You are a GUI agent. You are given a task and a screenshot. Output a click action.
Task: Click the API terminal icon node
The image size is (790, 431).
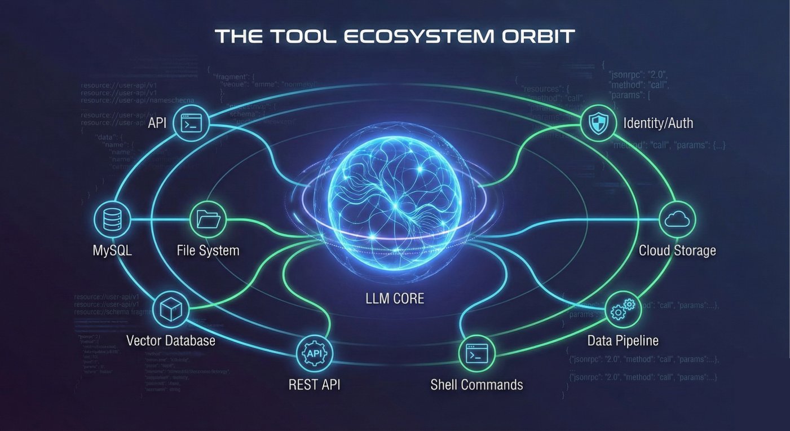tap(192, 124)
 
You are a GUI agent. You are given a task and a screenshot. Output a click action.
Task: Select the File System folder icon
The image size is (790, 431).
tap(208, 219)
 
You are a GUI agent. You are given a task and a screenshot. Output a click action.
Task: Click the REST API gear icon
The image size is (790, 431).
tap(315, 354)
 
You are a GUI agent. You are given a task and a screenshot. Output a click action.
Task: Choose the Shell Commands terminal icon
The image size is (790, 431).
tap(477, 354)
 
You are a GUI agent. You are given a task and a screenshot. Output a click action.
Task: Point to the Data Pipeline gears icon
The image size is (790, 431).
tap(623, 309)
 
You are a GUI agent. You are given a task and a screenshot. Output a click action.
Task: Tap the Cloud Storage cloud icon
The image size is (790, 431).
tap(677, 219)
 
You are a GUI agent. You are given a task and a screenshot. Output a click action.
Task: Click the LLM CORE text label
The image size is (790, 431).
tap(395, 298)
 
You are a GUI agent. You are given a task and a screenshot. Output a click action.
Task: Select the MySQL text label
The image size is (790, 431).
tap(112, 250)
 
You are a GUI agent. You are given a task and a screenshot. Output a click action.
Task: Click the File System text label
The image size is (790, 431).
tap(208, 250)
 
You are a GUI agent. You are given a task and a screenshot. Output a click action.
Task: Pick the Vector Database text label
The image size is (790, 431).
tap(170, 340)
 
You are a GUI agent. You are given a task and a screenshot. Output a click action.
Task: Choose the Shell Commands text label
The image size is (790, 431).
tap(476, 385)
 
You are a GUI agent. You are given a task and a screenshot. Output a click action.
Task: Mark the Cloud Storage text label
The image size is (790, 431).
tap(677, 250)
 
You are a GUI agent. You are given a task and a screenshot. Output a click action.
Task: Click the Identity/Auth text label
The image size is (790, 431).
tap(659, 123)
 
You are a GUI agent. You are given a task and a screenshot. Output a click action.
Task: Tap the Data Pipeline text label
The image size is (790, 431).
tap(623, 340)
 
